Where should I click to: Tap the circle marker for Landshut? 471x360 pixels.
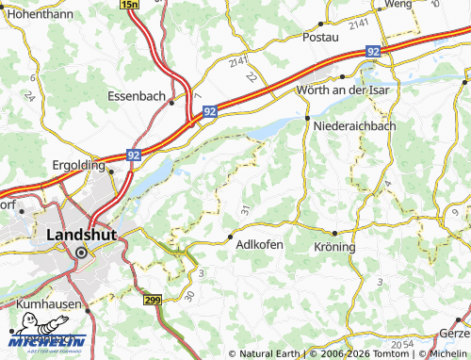pos(82,253)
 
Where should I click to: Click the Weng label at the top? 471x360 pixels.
pos(399,5)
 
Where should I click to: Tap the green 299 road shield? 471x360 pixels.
pos(153,299)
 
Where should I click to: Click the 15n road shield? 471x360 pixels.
pos(130,6)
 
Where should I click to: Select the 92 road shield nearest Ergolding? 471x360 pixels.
pos(134,154)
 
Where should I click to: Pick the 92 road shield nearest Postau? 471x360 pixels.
pos(374,52)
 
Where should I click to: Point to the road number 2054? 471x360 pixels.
pos(402,344)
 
